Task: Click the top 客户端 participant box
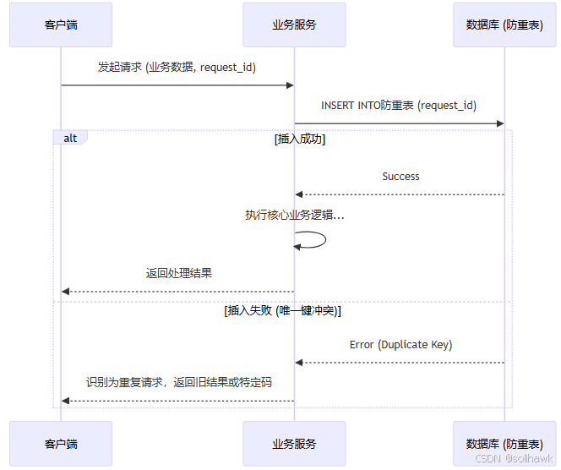pyautogui.click(x=61, y=25)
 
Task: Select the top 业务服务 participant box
pyautogui.click(x=294, y=25)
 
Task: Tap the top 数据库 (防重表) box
pyautogui.click(x=504, y=25)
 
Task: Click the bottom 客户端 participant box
pyautogui.click(x=61, y=443)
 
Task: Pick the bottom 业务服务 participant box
pyautogui.click(x=294, y=443)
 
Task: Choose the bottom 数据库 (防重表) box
pyautogui.click(x=504, y=443)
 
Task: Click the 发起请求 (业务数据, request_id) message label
pyautogui.click(x=177, y=67)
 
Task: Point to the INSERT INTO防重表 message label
pyautogui.click(x=399, y=106)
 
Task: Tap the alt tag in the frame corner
pyautogui.click(x=70, y=138)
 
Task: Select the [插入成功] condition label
pyautogui.click(x=300, y=139)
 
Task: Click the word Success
pyautogui.click(x=400, y=177)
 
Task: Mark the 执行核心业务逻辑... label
pyautogui.click(x=294, y=216)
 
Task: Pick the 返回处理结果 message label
pyautogui.click(x=178, y=273)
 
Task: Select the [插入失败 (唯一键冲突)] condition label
pyautogui.click(x=282, y=311)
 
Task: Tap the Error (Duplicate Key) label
pyautogui.click(x=400, y=345)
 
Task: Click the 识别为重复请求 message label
pyautogui.click(x=178, y=382)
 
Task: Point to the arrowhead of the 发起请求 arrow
pyautogui.click(x=290, y=85)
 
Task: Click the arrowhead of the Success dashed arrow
pyautogui.click(x=299, y=195)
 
